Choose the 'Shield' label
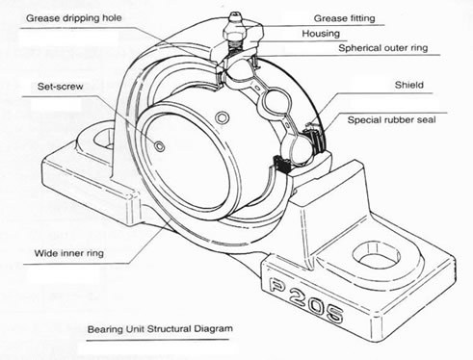(408, 85)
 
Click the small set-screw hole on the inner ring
(159, 146)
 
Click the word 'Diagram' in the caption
(211, 327)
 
